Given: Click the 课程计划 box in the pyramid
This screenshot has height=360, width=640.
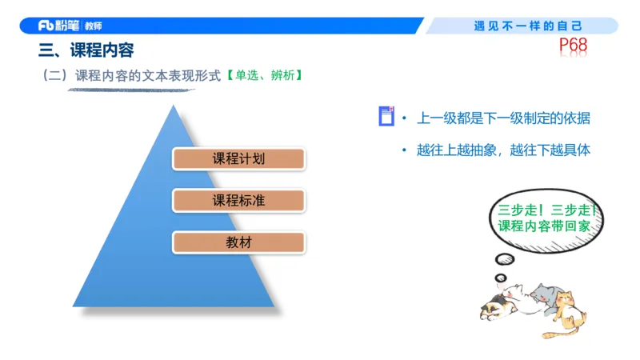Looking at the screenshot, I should point(238,158).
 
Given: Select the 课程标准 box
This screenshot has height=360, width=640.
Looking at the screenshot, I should point(238,200).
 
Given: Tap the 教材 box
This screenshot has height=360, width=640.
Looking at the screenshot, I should point(238,242).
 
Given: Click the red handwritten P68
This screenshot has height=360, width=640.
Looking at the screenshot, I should point(573,46).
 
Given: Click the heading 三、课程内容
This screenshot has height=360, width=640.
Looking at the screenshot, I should point(86,50).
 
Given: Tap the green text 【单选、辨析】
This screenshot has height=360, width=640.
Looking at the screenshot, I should point(263,76).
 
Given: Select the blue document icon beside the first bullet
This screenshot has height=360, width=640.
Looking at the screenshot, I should point(386,118).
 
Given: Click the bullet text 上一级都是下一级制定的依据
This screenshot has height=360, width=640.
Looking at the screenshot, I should point(504,118).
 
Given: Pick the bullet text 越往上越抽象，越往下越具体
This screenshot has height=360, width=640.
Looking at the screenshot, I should point(504,150).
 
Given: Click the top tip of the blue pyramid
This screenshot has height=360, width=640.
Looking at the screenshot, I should point(170,107).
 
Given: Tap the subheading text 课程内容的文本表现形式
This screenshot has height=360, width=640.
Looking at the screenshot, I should point(148,76).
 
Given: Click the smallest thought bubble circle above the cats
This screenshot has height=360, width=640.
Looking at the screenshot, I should point(501,278).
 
